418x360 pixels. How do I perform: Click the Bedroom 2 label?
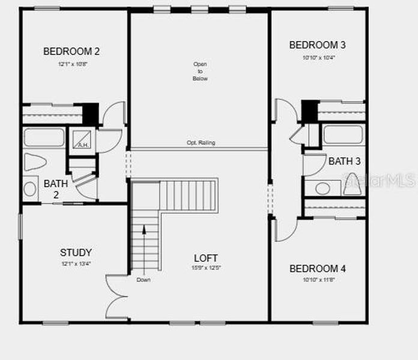point(71,52)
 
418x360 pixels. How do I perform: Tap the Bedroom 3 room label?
point(317,45)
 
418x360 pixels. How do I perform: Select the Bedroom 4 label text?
point(317,269)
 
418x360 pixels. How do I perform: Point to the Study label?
point(76,253)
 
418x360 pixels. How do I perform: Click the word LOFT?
point(206,258)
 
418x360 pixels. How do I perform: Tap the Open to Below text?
point(200,71)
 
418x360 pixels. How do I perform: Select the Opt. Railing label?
point(201,143)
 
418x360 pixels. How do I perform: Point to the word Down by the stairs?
point(143,280)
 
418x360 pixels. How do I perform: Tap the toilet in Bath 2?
point(35,162)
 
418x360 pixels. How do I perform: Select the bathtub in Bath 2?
point(44,137)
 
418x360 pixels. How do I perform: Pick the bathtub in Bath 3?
point(343,134)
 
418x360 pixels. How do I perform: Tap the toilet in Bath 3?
point(352,185)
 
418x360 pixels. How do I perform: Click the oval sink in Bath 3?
point(323,188)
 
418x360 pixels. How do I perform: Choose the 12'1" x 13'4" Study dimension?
point(76,264)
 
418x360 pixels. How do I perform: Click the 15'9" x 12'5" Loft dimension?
point(206,268)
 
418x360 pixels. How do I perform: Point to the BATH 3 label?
point(345,161)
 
